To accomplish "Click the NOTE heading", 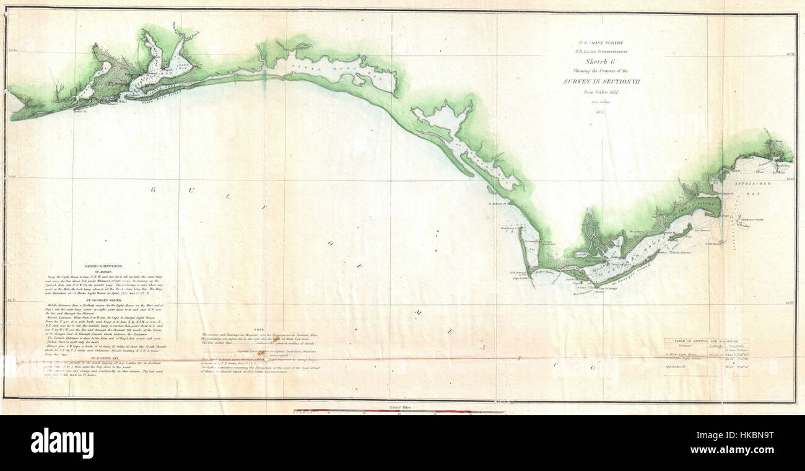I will (x=259, y=329).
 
